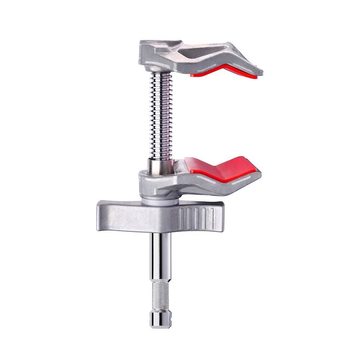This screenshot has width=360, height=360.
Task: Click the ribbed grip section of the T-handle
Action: pyautogui.click(x=196, y=216)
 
